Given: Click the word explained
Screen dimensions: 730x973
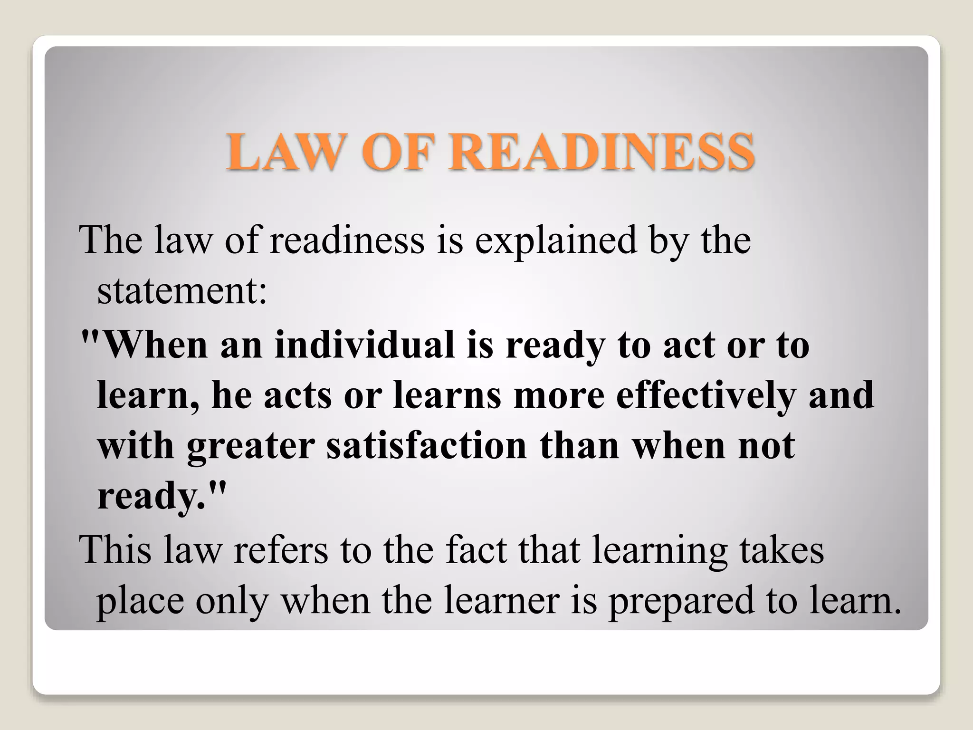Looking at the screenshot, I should (x=555, y=240).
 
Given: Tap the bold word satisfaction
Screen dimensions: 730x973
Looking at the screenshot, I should (x=426, y=445).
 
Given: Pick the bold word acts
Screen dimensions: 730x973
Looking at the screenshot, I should (x=297, y=395).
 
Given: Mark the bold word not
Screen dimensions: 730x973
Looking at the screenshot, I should (x=766, y=445).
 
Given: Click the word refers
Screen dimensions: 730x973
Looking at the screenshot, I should (x=280, y=550).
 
